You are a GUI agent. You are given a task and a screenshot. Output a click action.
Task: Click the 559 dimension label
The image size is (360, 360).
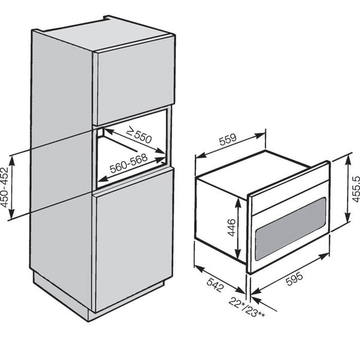pos(227,139)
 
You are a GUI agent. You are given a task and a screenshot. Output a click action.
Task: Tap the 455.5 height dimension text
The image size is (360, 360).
pos(356,189)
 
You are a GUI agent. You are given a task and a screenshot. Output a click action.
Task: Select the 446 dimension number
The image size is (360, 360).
pos(231,227)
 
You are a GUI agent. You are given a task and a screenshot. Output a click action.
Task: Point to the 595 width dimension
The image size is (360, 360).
pos(295,278)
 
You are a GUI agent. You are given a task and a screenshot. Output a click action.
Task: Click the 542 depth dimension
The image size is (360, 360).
pos(215,285)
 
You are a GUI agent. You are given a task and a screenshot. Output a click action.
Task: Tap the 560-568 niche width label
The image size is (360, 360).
pos(129,163)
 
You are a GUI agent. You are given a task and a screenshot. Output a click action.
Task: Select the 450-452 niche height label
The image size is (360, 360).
pos(5,187)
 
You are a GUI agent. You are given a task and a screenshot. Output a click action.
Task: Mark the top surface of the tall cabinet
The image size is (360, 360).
pos(104,34)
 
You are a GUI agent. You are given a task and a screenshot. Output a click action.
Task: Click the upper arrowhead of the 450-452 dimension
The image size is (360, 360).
pos(12,160)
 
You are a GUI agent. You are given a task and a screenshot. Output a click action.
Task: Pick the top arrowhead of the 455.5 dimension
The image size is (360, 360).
pos(348,158)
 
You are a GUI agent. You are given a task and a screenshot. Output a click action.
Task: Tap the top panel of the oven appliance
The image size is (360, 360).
pos(253,165)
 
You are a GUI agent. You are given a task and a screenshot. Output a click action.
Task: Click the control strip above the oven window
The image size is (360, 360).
pos(290,196)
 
